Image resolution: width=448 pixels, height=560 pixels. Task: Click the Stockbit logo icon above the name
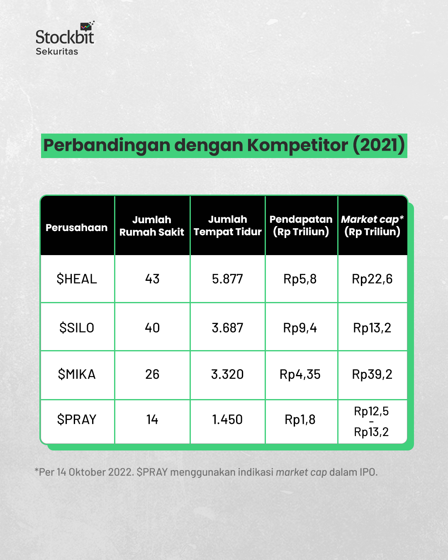pos(87,27)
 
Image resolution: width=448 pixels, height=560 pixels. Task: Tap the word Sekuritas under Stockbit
pos(57,51)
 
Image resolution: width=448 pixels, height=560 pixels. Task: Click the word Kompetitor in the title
pos(298,145)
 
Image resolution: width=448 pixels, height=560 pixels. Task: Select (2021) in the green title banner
pos(379,145)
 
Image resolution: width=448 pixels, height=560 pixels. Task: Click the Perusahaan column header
pos(77,227)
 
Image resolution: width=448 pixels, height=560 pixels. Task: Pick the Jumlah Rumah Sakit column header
pos(152,226)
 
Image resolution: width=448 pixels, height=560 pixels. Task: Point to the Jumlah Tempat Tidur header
pos(228,225)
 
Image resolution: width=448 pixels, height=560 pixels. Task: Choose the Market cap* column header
pos(372,225)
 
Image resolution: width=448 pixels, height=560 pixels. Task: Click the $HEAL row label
pos(77,279)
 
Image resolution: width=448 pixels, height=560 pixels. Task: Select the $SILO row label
pos(77,328)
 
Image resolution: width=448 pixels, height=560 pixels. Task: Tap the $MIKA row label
pos(77,374)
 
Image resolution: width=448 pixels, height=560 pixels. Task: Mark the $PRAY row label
pos(77,419)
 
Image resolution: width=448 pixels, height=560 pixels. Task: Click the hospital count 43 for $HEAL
pos(152,279)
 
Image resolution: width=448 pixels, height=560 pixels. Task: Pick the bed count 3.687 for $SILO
pos(227,328)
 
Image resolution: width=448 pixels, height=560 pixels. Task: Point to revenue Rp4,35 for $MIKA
pos(300,374)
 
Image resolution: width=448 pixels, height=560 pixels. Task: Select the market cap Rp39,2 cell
pos(372,374)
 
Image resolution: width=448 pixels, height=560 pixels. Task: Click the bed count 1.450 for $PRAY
pos(227,419)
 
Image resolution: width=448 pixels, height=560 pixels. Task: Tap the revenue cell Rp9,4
pos(300,328)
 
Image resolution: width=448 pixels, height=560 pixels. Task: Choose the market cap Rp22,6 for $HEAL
pos(372,279)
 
